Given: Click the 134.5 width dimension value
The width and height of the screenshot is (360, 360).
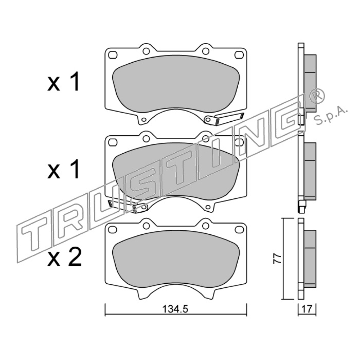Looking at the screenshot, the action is [x=175, y=309].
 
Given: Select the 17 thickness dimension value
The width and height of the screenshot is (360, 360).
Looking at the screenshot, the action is [x=307, y=309].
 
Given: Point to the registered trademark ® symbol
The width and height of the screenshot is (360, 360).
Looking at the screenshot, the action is [x=317, y=96].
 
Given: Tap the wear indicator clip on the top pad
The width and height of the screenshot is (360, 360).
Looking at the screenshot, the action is [x=224, y=118].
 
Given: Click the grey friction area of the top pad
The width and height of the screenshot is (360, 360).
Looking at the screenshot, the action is [x=176, y=84].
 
